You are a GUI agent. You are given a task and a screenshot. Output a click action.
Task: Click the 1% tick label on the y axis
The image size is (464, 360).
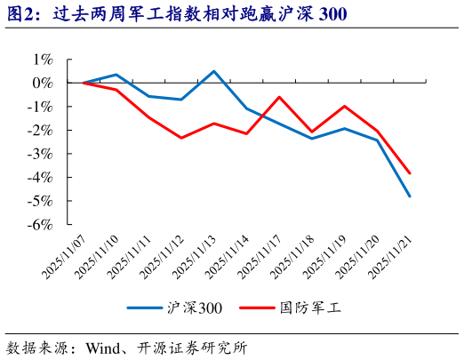(x=43, y=59)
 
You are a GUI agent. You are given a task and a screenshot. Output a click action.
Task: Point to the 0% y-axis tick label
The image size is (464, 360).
(x=43, y=83)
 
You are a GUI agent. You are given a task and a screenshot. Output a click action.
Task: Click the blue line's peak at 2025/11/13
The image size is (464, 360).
(x=214, y=71)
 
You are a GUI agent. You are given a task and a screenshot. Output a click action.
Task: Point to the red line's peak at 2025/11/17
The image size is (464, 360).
(x=279, y=97)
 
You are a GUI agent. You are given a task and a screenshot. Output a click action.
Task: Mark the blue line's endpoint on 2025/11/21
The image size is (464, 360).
(x=410, y=196)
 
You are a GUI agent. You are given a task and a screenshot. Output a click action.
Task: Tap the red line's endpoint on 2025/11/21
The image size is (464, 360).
(x=410, y=173)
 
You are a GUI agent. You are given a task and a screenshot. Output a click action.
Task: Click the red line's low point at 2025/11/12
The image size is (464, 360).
(x=181, y=138)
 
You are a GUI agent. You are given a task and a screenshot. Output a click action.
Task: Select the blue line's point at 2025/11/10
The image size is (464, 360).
(x=116, y=75)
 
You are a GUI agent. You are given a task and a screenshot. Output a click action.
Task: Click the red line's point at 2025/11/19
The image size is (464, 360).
(x=345, y=106)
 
